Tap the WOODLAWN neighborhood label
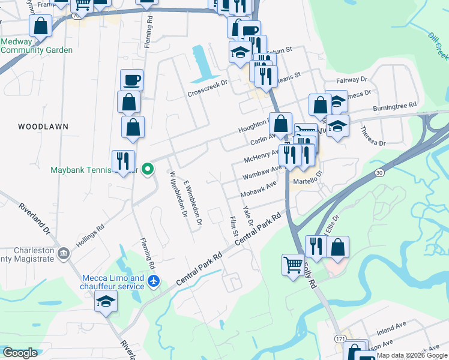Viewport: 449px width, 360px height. click(x=43, y=127)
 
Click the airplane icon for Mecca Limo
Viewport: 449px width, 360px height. click(x=154, y=281)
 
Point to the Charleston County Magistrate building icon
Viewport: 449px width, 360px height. click(x=63, y=254)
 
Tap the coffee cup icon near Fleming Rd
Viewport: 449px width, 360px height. click(x=131, y=79)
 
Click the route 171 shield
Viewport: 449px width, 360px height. click(x=340, y=339)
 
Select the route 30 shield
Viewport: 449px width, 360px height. click(x=379, y=173)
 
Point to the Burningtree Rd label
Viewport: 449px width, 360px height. click(x=394, y=106)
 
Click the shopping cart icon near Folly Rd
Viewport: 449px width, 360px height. click(x=293, y=264)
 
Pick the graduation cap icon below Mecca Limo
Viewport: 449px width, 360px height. click(x=106, y=301)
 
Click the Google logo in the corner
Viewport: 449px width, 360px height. click(x=20, y=353)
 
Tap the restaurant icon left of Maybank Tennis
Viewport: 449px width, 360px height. click(x=123, y=161)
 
